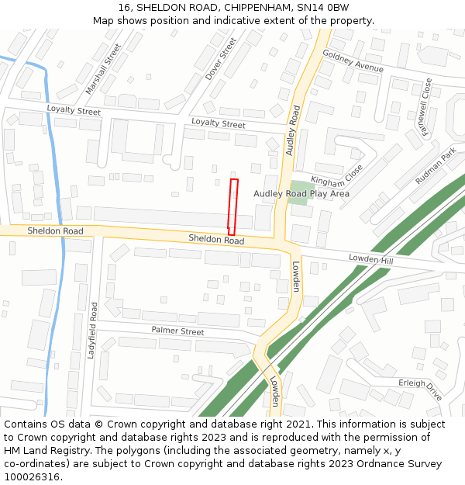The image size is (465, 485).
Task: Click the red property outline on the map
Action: (x=232, y=206)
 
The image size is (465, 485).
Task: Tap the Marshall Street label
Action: (x=104, y=69)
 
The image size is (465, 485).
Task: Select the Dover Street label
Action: (x=221, y=59)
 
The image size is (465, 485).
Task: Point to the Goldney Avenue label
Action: (x=353, y=61)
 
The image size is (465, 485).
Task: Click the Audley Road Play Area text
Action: (x=301, y=193)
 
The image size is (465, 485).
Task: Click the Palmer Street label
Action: (x=177, y=331)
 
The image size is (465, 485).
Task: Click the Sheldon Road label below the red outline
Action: (x=216, y=240)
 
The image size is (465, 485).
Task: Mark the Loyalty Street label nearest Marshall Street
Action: (x=74, y=111)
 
